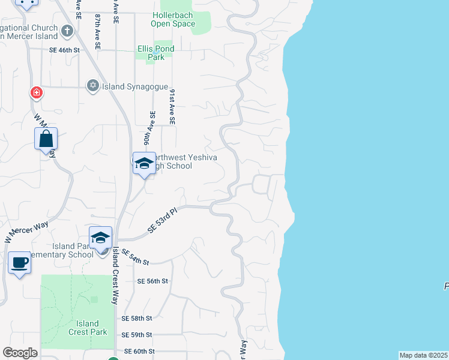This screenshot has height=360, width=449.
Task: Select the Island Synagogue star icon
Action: click(x=92, y=86)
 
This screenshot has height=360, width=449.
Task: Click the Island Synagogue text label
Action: click(x=134, y=86)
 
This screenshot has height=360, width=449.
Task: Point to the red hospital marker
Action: click(x=37, y=92)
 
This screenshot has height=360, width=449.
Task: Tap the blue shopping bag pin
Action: click(x=46, y=140)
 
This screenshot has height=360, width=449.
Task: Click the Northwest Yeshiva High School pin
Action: click(x=144, y=164)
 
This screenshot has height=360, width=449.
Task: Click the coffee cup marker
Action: click(x=19, y=263)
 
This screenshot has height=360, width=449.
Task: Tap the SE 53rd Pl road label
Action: click(x=163, y=220)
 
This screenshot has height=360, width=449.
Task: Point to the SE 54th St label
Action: click(x=134, y=259)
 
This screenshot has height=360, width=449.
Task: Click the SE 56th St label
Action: click(x=152, y=281)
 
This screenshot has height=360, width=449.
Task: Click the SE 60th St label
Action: click(x=139, y=351)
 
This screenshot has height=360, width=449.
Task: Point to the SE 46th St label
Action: click(x=64, y=50)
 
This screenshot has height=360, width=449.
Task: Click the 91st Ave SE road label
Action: click(x=172, y=107)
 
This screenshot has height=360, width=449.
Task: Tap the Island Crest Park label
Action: click(x=88, y=328)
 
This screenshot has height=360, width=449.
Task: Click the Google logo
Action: click(x=20, y=353)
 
